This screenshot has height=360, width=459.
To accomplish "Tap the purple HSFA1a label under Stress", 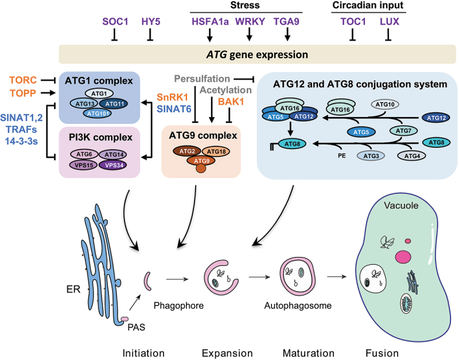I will (x=209, y=22).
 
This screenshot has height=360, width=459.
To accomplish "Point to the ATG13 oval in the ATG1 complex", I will (x=87, y=103).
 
